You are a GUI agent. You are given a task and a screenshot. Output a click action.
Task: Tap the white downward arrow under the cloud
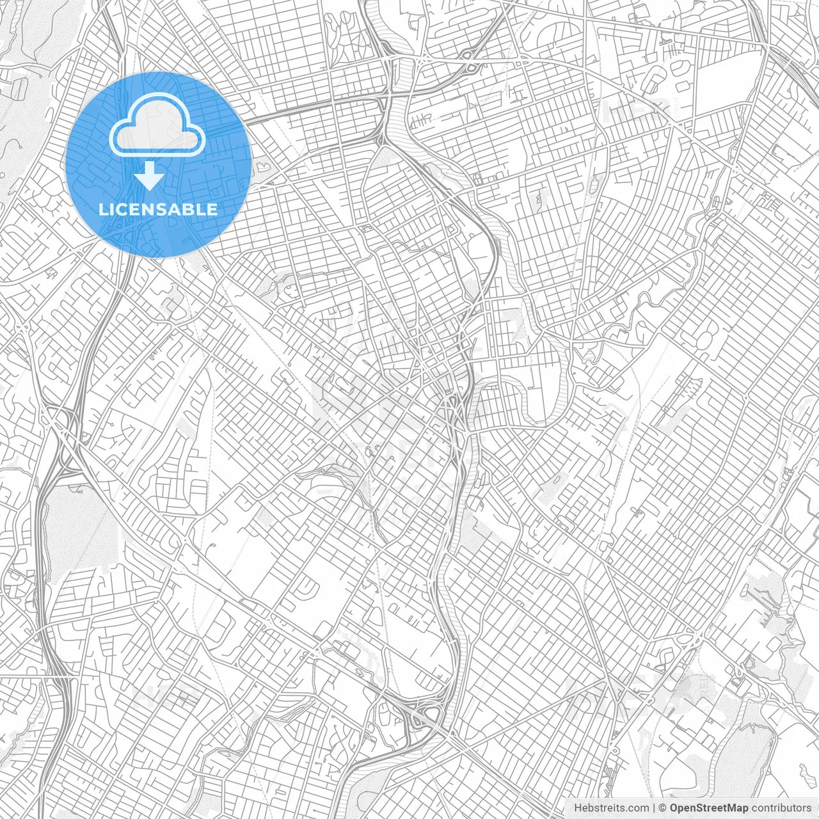(x=150, y=176)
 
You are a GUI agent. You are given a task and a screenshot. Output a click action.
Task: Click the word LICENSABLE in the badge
(x=158, y=209)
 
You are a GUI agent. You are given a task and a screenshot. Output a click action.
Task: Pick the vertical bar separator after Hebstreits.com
(x=654, y=808)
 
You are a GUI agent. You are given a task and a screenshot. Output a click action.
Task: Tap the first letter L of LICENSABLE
(x=102, y=209)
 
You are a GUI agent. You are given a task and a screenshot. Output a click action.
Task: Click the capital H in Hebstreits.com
(x=578, y=808)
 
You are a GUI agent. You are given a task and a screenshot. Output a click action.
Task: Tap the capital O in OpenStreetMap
(x=674, y=808)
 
